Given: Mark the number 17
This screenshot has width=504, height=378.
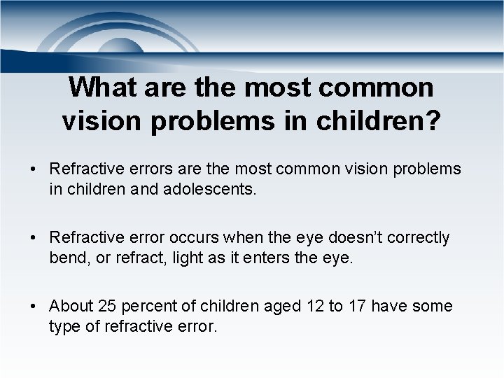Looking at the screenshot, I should point(357,307).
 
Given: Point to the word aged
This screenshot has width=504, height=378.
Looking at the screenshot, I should point(283,307).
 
